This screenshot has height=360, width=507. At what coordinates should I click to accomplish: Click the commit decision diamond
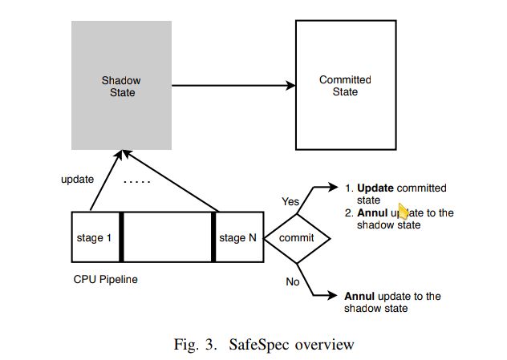tap(297, 238)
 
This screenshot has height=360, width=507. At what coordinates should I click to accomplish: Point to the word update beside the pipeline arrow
tap(77, 179)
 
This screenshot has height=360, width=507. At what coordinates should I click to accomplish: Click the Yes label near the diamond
tap(290, 202)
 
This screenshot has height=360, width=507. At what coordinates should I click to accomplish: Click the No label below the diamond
tap(294, 281)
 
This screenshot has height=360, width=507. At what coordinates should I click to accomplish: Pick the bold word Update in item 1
tap(375, 188)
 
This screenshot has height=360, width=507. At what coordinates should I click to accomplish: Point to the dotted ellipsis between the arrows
tap(139, 182)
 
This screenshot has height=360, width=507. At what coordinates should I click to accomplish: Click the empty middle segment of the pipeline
tap(168, 237)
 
